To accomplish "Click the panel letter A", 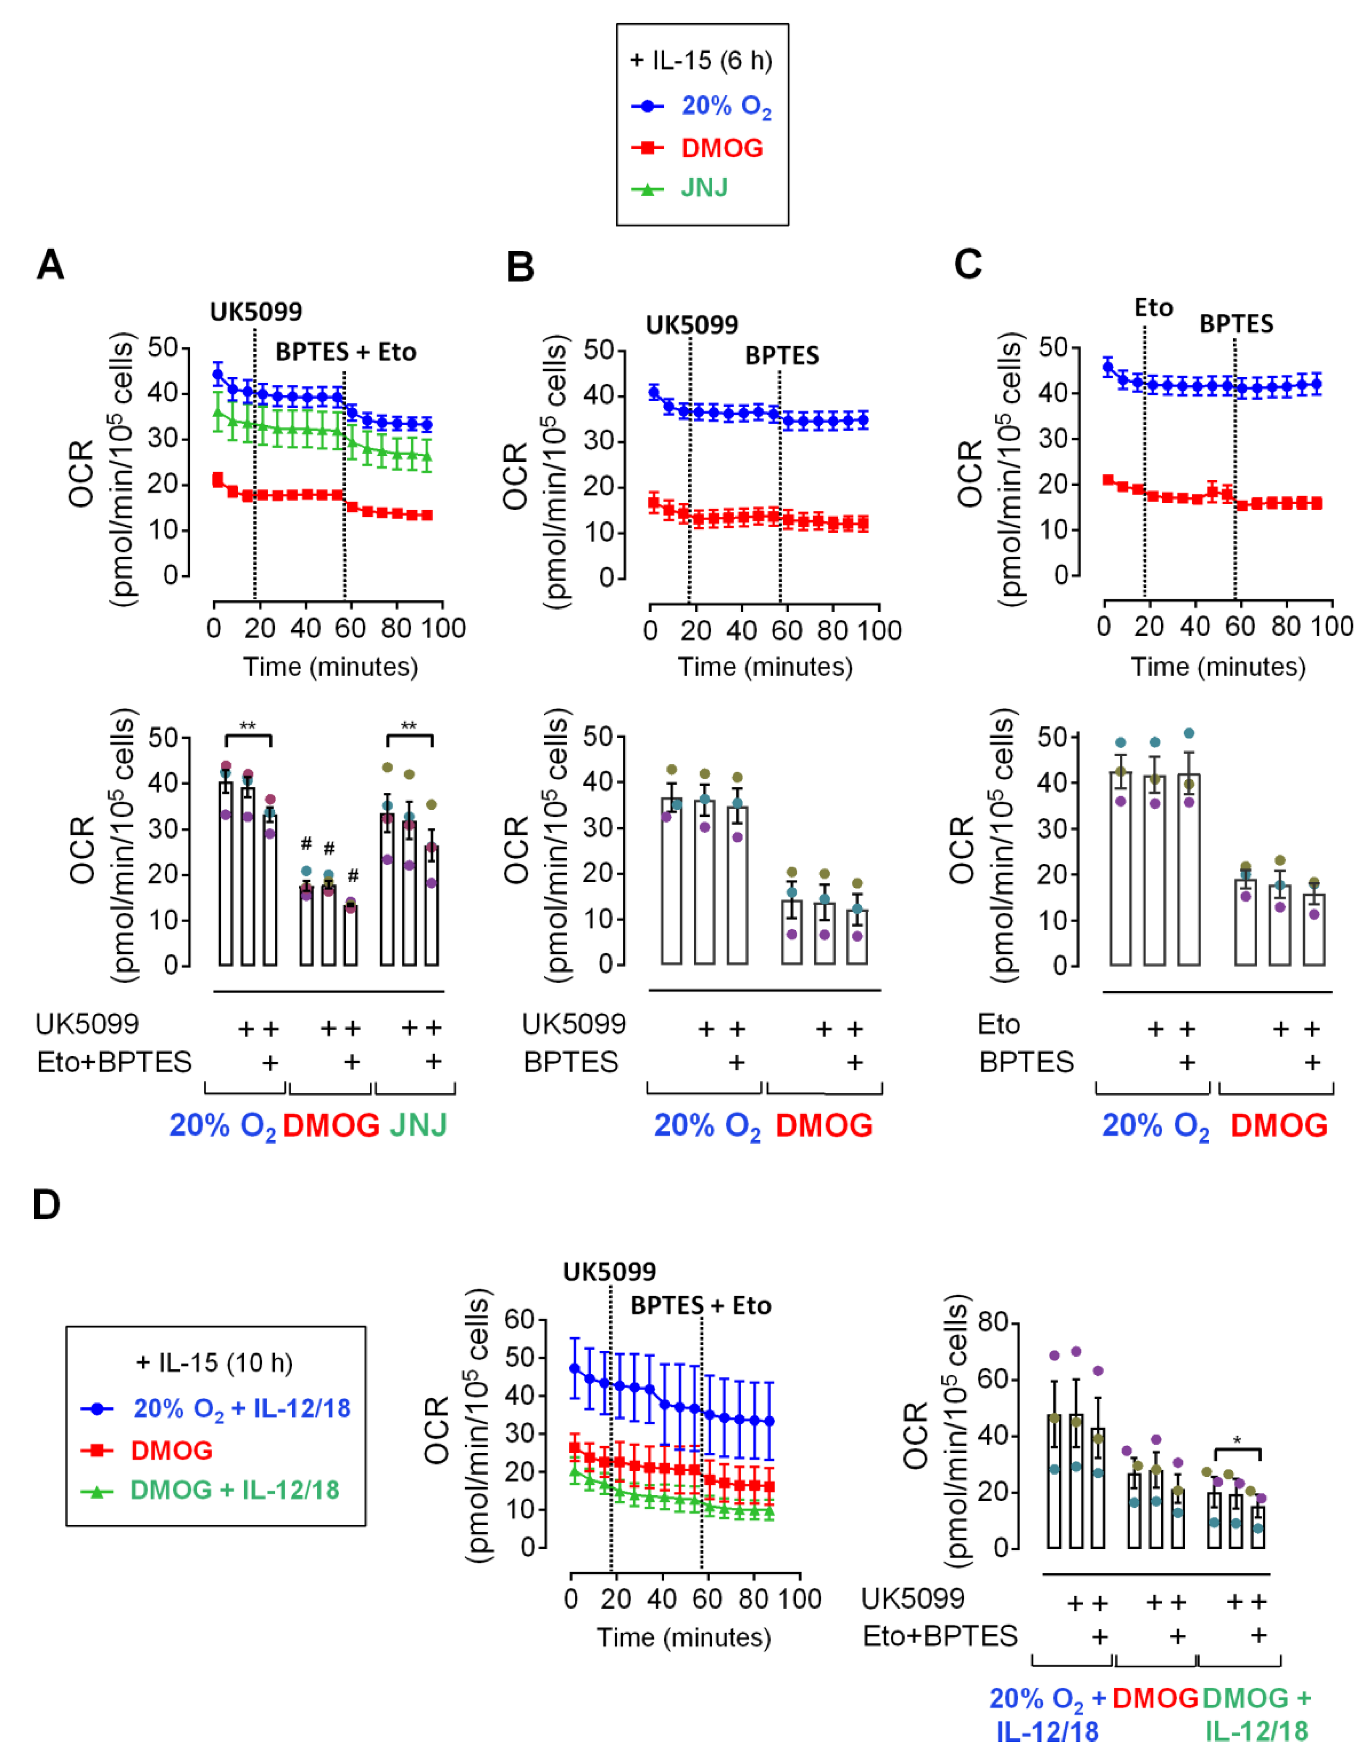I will coord(50,264).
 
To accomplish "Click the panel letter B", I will coord(521,266).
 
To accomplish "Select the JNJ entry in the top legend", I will coord(704,188).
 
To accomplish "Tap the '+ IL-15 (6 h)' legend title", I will coord(702,60).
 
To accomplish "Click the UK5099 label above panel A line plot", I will coord(256,311).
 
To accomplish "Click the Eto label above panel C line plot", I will coord(1153,307).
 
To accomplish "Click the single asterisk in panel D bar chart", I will coord(1237,1440).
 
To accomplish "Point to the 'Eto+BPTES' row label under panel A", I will coord(114,1062).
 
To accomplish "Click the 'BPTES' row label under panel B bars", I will coord(570,1062).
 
